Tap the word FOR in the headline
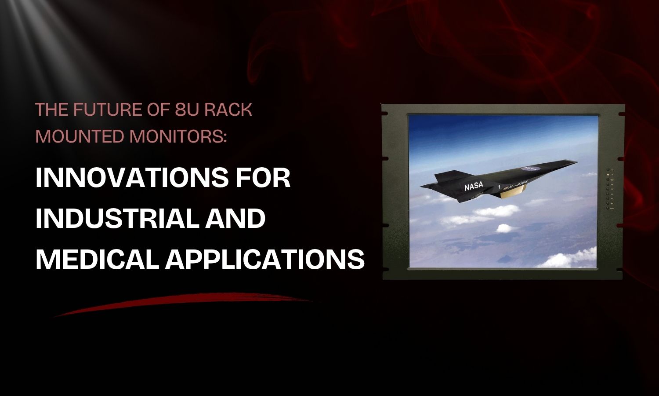click(268, 178)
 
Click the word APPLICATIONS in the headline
click(265, 259)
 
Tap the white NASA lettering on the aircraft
click(473, 186)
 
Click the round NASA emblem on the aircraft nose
click(526, 169)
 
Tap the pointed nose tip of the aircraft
click(576, 161)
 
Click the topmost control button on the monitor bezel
click(608, 169)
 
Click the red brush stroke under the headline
click(185, 304)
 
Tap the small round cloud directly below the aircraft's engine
click(504, 227)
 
